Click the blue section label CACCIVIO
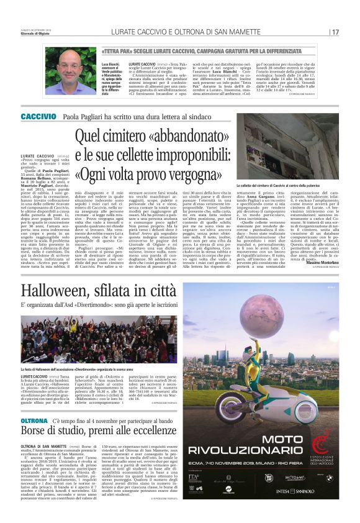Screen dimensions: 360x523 click(38, 116)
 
